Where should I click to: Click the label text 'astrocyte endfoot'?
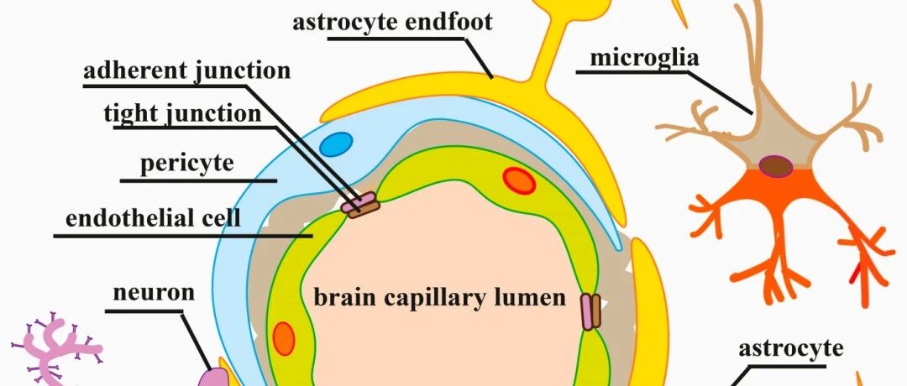(392, 23)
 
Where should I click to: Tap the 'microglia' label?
(644, 58)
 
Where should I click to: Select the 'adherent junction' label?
(186, 71)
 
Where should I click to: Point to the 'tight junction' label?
(182, 114)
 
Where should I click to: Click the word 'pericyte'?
(186, 164)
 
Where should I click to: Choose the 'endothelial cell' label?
(153, 219)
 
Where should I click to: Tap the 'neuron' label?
(154, 292)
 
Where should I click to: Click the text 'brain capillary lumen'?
(439, 298)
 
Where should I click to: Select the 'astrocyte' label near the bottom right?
(791, 349)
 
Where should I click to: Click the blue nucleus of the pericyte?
(335, 143)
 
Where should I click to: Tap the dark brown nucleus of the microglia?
(776, 166)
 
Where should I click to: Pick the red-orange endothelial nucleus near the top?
(519, 180)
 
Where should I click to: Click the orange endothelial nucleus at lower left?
(284, 339)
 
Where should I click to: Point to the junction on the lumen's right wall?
(590, 312)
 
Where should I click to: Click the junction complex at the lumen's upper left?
(359, 206)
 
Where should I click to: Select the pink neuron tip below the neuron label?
(211, 378)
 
